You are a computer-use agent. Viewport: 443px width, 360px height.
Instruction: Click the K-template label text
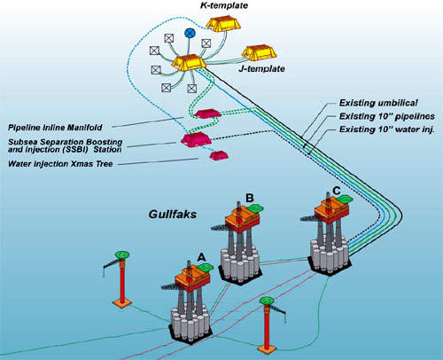click(224, 5)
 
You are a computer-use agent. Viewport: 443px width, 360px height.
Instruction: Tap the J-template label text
click(261, 69)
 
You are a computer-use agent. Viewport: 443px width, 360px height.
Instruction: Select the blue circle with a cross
click(190, 33)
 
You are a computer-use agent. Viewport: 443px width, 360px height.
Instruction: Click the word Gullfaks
click(173, 214)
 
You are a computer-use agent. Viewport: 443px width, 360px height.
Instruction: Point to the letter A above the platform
click(201, 258)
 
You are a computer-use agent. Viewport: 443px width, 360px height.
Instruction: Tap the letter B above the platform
click(250, 198)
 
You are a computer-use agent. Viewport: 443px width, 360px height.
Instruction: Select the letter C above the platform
click(337, 191)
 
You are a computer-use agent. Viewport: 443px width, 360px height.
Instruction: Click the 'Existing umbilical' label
click(378, 103)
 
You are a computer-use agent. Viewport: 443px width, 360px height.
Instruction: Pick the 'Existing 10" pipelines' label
click(387, 116)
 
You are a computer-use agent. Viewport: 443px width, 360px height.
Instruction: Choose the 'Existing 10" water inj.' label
click(387, 129)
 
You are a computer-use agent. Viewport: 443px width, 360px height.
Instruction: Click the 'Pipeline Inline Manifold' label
click(55, 128)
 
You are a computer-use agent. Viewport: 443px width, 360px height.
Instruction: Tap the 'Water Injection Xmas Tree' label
click(60, 164)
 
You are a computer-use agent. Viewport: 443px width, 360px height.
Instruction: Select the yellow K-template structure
click(223, 24)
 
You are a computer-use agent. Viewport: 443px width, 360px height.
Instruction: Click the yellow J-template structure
click(259, 52)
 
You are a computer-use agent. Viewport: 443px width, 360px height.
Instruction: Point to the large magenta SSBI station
click(196, 139)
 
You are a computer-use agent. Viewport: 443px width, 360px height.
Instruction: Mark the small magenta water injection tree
click(219, 155)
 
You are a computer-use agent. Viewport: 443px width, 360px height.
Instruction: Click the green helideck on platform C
click(345, 199)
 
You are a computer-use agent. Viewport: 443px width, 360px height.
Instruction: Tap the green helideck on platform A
click(206, 268)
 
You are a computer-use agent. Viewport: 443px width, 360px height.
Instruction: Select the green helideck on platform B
click(256, 208)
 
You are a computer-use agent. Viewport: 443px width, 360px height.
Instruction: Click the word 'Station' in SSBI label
click(107, 150)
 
